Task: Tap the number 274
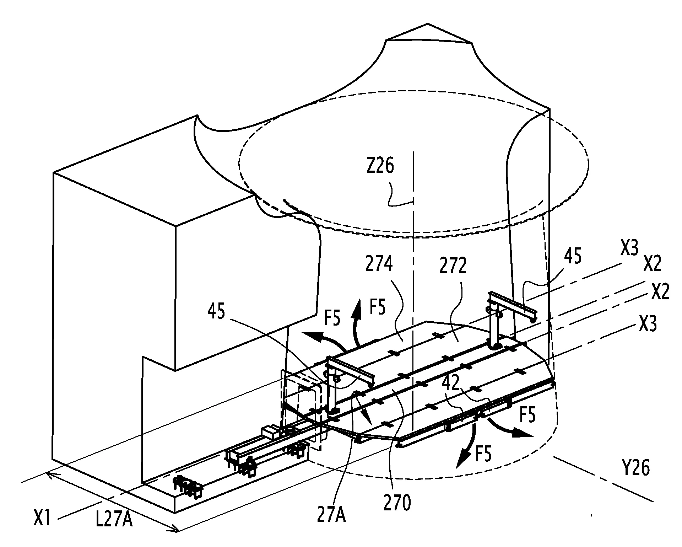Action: [x=379, y=265]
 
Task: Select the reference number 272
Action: [x=453, y=265]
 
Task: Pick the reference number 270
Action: [x=397, y=503]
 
